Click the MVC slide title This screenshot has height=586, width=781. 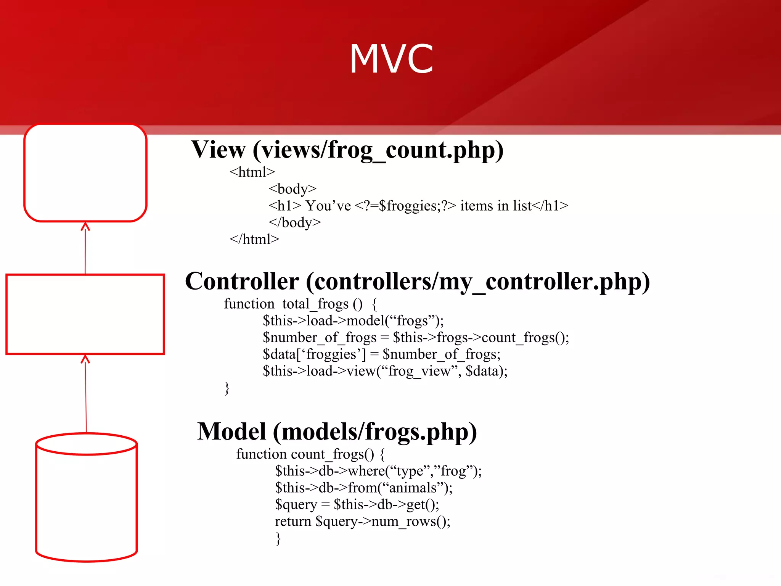point(392,59)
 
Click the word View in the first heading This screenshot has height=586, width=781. point(218,150)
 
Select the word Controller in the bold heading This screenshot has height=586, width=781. point(242,282)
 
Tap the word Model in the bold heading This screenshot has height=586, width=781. point(231,432)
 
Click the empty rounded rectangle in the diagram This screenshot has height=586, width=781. point(85,173)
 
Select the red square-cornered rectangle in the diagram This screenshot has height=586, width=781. point(85,314)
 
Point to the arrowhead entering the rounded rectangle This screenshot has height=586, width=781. point(85,227)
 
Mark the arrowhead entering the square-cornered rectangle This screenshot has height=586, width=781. point(85,359)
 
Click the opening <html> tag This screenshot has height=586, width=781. point(252,172)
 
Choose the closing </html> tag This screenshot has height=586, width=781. point(254,239)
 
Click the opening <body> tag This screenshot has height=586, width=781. point(292,189)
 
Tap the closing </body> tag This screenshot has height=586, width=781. point(295,222)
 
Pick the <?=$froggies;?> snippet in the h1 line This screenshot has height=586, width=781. point(405,206)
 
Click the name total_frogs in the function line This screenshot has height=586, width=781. point(315,304)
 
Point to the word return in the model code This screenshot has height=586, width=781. point(293,522)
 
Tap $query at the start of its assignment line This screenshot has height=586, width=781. point(296,505)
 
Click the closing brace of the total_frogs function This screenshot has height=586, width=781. point(227,388)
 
